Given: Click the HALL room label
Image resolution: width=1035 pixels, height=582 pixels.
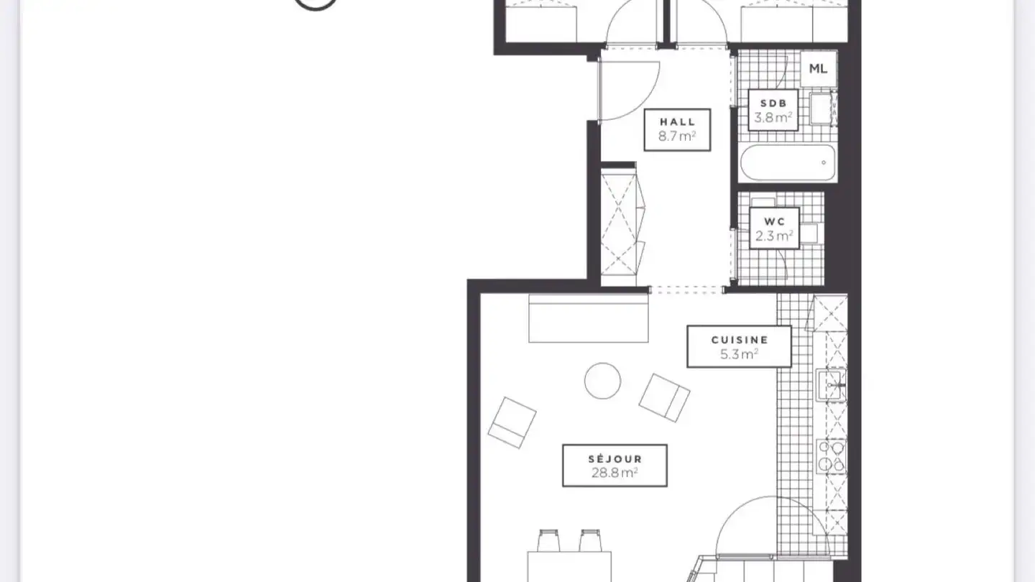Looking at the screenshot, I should [x=677, y=121].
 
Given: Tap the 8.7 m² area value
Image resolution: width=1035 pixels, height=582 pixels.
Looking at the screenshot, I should [x=677, y=136].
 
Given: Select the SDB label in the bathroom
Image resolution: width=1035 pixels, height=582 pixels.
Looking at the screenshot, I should [x=773, y=103].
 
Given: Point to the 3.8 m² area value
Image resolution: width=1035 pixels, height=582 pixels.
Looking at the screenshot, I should [x=773, y=118].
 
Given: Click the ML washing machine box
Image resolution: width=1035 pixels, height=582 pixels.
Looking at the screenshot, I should [x=818, y=69].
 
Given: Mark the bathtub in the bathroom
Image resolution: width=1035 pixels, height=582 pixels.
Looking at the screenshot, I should [x=788, y=162].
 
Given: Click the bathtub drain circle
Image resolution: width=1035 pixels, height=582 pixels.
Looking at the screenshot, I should [x=824, y=162].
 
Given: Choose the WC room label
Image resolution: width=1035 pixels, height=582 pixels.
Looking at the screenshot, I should [x=774, y=221].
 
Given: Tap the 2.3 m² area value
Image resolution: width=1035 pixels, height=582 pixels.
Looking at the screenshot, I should [x=774, y=236].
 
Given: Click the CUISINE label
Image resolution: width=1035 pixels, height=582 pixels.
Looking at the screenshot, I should [x=739, y=340].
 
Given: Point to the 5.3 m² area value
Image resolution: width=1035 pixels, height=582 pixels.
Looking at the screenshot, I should [x=739, y=354].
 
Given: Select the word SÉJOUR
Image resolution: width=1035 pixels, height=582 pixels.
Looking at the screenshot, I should [x=614, y=458].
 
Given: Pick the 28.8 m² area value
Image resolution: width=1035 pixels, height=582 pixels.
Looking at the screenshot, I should [x=614, y=473].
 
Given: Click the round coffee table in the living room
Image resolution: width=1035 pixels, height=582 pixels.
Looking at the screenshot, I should [x=602, y=381].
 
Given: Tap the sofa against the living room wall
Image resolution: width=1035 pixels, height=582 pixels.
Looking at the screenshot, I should [x=588, y=318].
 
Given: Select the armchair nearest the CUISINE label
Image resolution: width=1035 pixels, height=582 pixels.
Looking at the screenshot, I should [x=664, y=397].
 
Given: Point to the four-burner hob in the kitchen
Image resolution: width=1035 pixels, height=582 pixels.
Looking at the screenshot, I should [x=831, y=457].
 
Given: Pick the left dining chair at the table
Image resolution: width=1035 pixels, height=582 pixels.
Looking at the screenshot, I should [x=548, y=540].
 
